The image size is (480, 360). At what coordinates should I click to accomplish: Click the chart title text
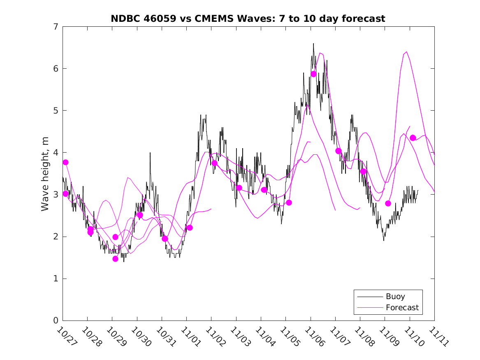[248, 19]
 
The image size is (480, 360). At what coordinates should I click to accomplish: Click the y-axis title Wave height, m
[45, 174]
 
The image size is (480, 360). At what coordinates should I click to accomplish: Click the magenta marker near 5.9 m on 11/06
[313, 74]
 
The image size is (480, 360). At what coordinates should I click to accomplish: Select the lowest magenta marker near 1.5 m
[115, 259]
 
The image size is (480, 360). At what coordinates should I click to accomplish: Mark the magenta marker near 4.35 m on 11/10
[413, 138]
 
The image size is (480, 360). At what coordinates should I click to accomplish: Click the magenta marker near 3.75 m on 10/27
[65, 162]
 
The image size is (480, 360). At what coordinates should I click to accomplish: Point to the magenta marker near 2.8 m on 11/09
[388, 203]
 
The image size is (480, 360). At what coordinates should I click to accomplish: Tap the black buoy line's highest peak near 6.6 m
[313, 43]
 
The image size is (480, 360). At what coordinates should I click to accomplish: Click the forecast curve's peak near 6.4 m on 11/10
[406, 52]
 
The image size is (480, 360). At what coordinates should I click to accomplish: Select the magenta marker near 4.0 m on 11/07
[339, 151]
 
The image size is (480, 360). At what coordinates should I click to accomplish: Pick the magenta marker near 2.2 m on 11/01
[190, 228]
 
